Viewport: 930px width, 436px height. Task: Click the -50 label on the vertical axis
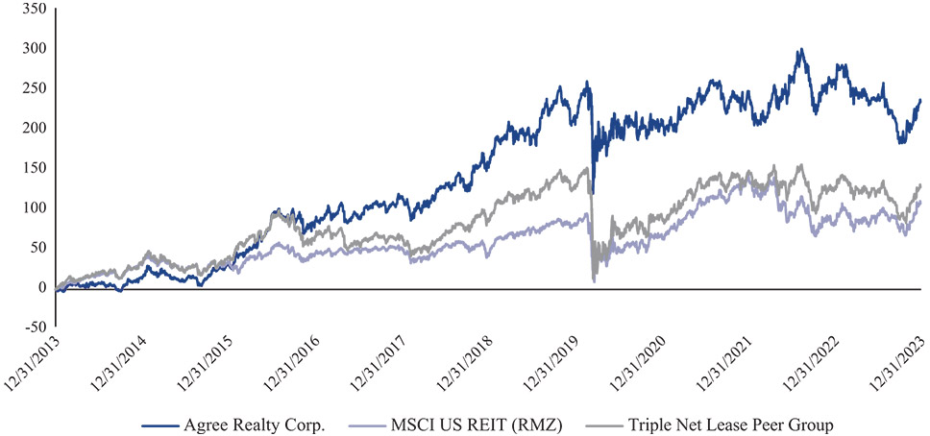pyautogui.click(x=31, y=327)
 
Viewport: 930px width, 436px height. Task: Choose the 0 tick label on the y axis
pyautogui.click(x=39, y=287)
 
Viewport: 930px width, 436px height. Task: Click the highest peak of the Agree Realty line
pyautogui.click(x=799, y=50)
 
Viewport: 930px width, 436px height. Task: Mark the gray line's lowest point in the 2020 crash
pyautogui.click(x=595, y=280)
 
